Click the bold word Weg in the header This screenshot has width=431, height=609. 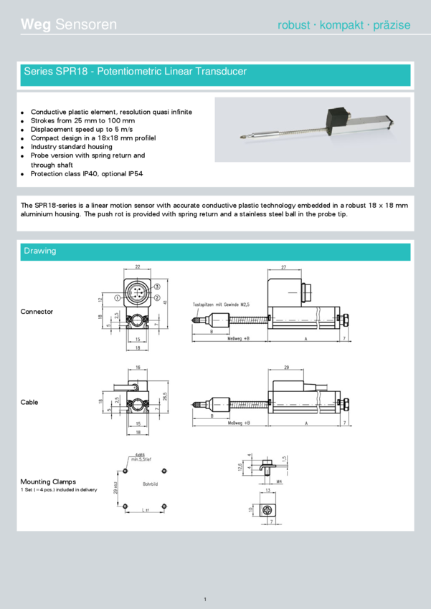(x=35, y=24)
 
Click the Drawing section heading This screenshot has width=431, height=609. (x=39, y=251)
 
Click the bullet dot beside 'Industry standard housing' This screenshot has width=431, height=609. (x=23, y=147)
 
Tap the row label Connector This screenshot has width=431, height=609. (x=37, y=312)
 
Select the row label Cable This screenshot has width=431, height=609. (x=29, y=402)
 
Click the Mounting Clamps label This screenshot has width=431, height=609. (x=48, y=481)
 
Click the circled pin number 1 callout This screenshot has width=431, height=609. (x=116, y=297)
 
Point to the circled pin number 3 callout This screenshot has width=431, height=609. (x=157, y=287)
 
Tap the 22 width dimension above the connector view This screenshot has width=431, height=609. (x=137, y=267)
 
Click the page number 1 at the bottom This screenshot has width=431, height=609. (x=205, y=599)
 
